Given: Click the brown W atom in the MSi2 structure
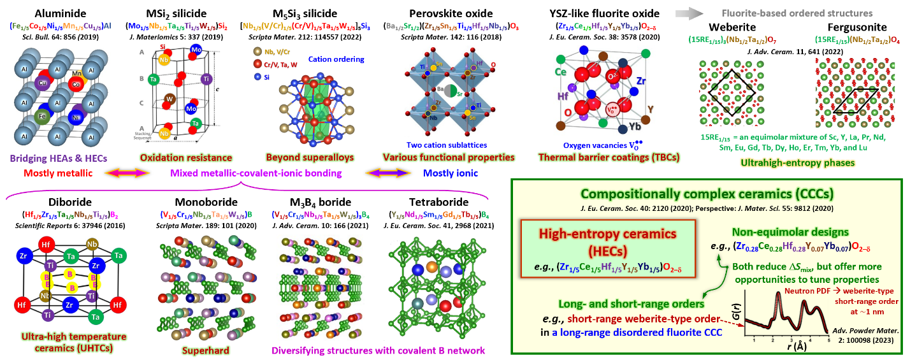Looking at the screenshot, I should [x=170, y=99].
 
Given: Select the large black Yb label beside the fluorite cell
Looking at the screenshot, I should [x=646, y=126].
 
